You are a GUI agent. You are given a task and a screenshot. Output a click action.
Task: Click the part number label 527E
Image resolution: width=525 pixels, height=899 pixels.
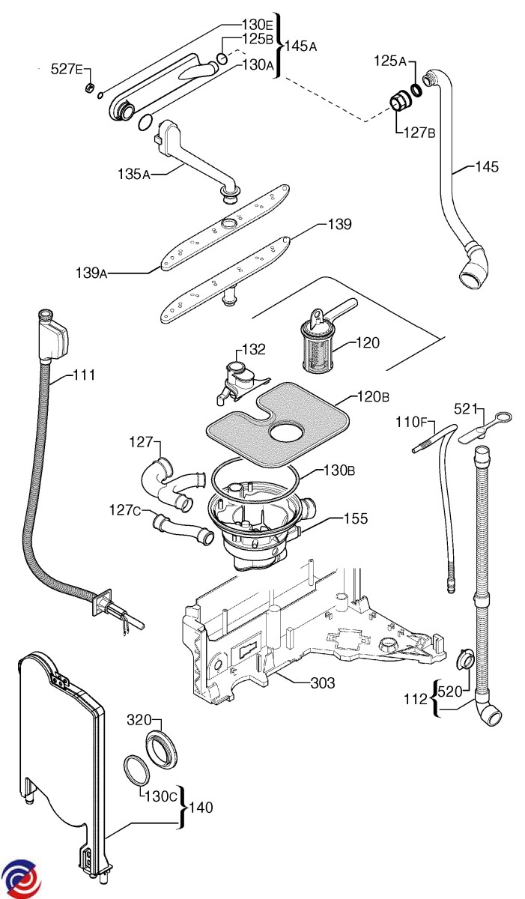tap(67, 69)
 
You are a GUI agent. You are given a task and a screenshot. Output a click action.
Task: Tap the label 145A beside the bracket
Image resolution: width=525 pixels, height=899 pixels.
tap(301, 46)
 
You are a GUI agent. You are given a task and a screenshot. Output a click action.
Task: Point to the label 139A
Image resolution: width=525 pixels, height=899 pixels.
tap(92, 273)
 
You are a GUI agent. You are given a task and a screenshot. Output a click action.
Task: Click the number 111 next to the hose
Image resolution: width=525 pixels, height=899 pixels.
tap(83, 375)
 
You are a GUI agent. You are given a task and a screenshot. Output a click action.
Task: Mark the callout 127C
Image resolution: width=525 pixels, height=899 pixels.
tap(125, 511)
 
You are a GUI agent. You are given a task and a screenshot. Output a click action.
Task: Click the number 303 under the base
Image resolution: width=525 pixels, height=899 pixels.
tap(322, 682)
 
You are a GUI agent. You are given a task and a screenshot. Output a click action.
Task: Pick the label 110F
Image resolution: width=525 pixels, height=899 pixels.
tap(411, 423)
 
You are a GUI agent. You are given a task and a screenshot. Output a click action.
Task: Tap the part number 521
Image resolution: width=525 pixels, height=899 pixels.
tap(467, 408)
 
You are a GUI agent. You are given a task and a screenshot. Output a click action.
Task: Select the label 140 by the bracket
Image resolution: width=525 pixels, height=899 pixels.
tap(201, 808)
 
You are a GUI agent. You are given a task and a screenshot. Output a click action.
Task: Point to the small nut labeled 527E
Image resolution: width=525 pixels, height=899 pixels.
tap(88, 90)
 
